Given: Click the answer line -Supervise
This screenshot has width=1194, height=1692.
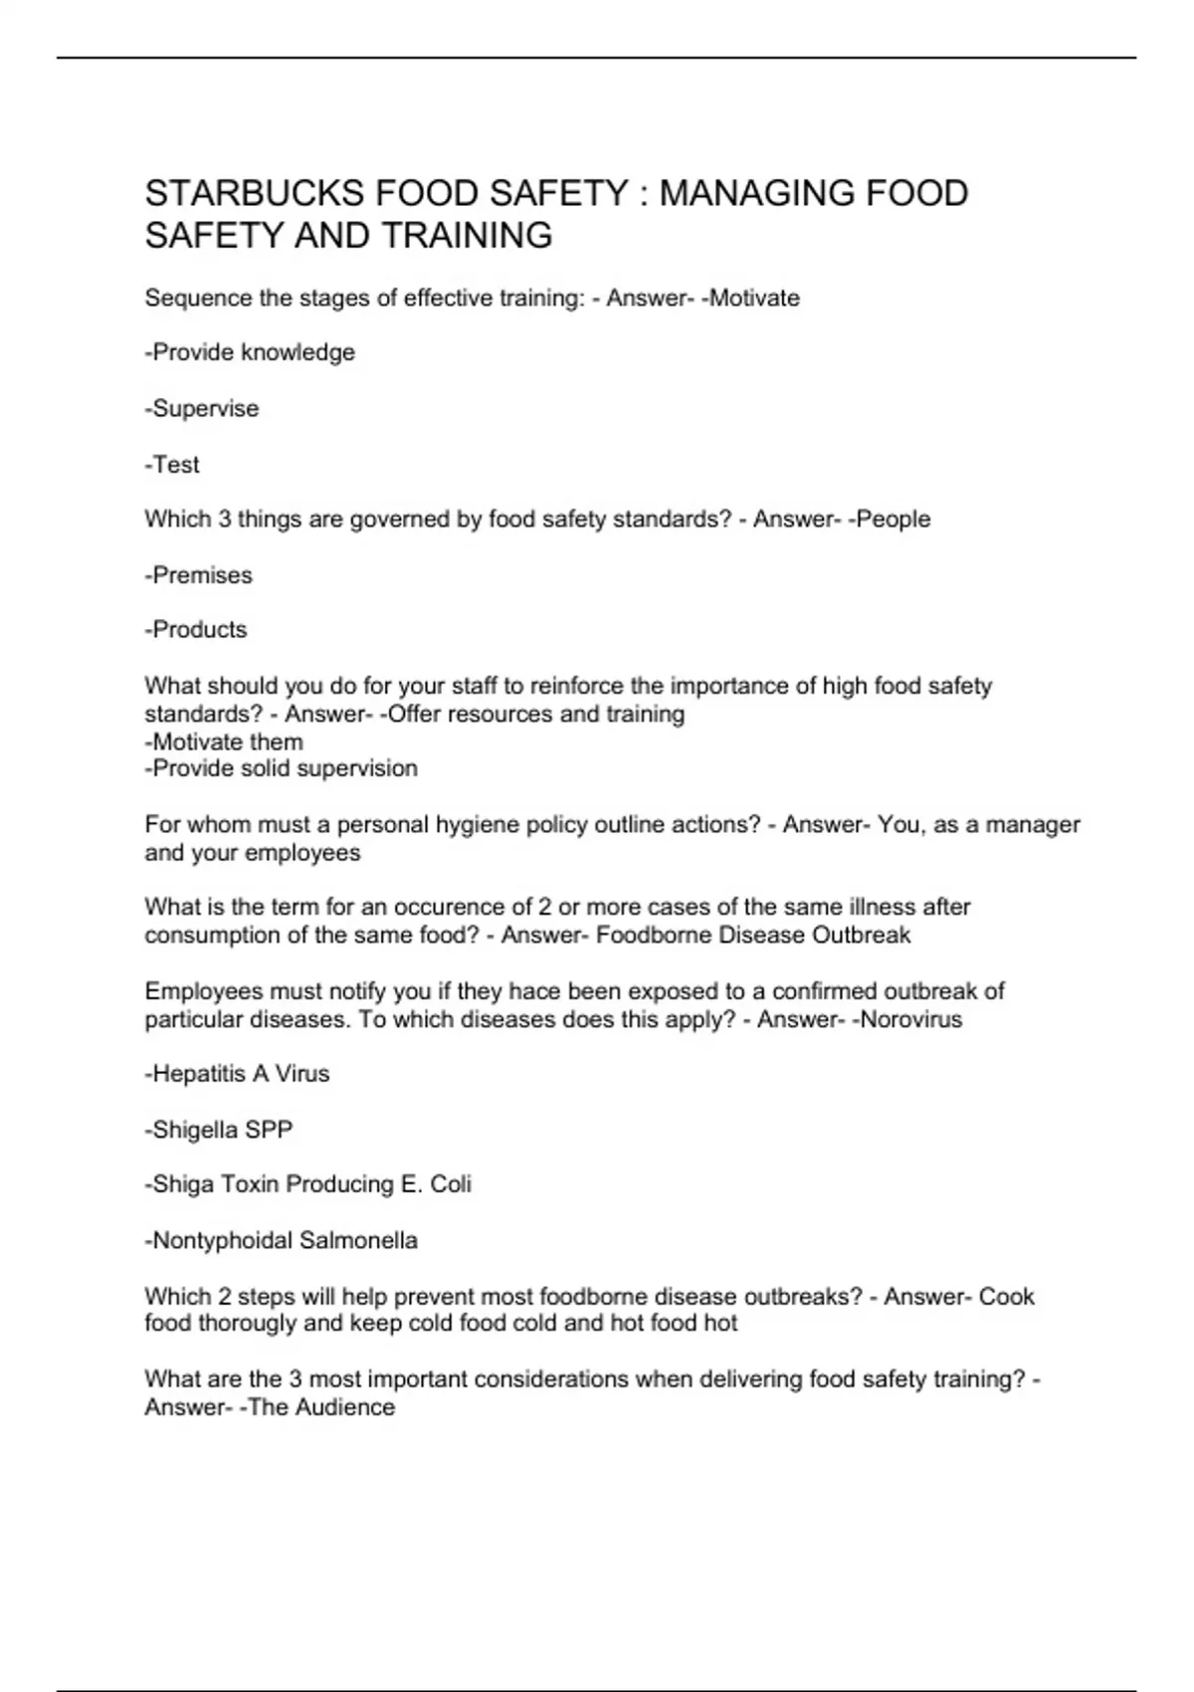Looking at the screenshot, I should coord(202,409).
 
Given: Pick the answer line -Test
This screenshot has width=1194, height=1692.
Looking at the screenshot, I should coord(172,465).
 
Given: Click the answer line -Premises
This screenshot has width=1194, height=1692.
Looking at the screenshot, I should coord(199,575).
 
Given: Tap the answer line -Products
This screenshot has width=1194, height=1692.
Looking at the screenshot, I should coord(196,630).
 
